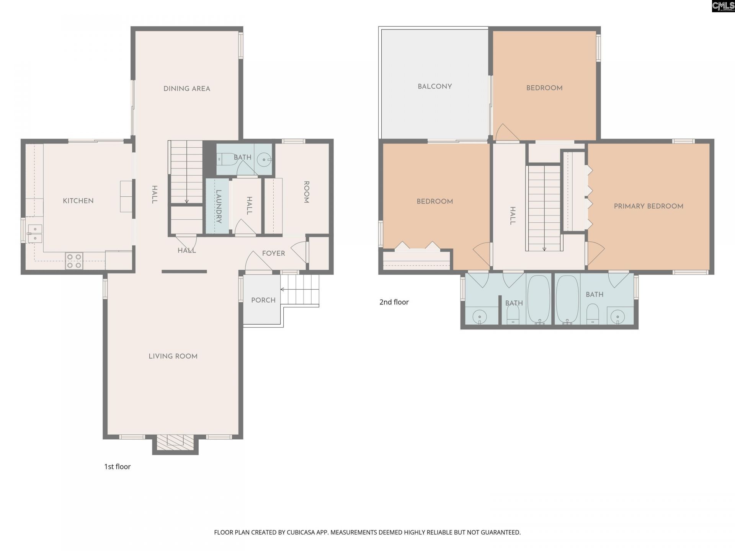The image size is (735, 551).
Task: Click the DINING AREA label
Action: point(187,89)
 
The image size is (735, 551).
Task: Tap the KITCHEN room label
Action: point(78,201)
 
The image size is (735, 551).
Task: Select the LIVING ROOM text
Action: point(173,356)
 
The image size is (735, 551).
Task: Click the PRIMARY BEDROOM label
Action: point(648,206)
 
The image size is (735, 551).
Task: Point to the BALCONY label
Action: point(435,86)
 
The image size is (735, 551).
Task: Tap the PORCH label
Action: point(263,300)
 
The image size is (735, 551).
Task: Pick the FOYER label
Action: point(273,253)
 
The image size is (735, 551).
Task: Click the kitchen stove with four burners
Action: point(74,261)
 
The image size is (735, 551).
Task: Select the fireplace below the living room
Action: point(175,443)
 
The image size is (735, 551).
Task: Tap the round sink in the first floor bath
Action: point(264,160)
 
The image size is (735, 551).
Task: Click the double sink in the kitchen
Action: point(34,233)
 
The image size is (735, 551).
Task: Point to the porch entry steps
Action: point(300,290)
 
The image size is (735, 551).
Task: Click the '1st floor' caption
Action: point(118,466)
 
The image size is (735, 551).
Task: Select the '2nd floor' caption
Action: point(394,302)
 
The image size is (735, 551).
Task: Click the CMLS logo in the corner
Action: point(723,6)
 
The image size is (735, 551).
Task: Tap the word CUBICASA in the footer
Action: point(300,532)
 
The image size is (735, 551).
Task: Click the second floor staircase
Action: point(544,208)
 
